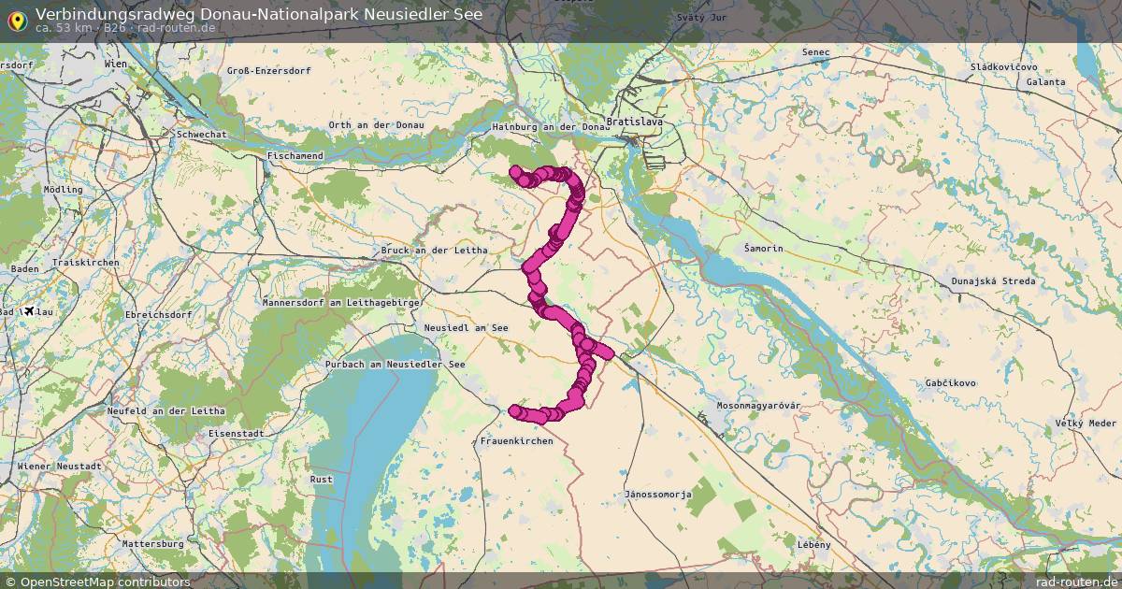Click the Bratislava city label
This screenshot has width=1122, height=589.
tap(635, 122)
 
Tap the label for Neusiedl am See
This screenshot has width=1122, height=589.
tap(466, 328)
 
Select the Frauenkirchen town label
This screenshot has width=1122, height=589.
tap(516, 440)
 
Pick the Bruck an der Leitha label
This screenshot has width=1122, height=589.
tap(434, 251)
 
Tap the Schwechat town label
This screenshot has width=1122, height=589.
tap(202, 135)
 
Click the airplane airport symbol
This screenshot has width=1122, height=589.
tap(29, 310)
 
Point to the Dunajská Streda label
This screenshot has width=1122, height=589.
tap(993, 281)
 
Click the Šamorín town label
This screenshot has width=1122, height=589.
tap(763, 249)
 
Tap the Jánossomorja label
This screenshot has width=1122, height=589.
tap(658, 494)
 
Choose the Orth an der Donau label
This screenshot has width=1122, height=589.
tap(376, 125)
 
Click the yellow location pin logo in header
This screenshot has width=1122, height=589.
tap(16, 20)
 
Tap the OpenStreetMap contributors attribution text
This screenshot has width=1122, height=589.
tap(104, 582)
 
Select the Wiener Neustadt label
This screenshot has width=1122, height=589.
tap(59, 466)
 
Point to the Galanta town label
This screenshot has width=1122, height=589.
tap(1045, 82)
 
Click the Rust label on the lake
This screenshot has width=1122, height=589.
tap(321, 480)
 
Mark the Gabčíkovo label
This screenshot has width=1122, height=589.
tap(951, 383)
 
